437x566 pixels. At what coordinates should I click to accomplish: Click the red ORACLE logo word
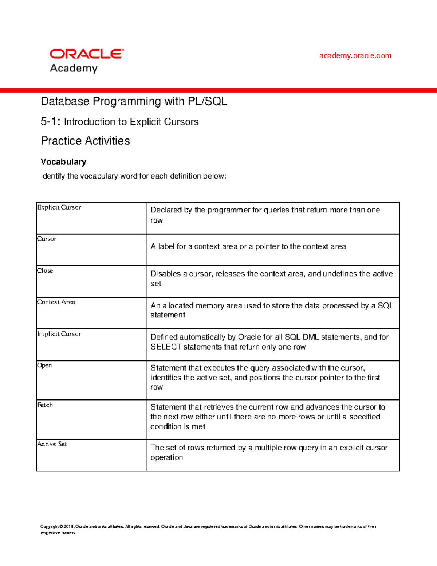[87, 54]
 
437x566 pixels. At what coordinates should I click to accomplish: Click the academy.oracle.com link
[355, 56]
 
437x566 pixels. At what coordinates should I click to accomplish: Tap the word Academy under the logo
[74, 68]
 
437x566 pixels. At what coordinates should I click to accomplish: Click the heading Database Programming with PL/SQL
[134, 101]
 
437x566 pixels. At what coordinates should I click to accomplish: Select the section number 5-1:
[50, 121]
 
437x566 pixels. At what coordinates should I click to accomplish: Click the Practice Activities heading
[85, 141]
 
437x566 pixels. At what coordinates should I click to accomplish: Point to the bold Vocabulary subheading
[63, 162]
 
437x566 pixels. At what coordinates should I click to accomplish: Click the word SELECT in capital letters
[166, 347]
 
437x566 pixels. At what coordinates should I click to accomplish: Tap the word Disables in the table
[165, 274]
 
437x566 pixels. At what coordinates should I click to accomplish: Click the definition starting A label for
[248, 247]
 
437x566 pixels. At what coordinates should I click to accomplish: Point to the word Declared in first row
[166, 210]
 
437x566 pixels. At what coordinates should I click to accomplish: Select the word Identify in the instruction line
[53, 176]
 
